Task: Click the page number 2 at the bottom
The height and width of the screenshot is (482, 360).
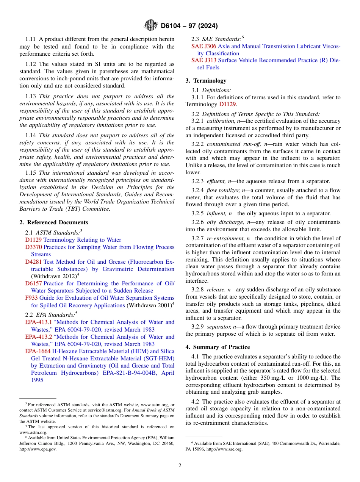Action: point(180,466)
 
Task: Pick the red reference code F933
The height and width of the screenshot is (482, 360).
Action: point(31,298)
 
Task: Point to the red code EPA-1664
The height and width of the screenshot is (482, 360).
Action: point(38,351)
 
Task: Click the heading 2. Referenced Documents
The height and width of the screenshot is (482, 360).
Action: point(54,222)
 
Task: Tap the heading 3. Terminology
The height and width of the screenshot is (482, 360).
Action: point(206,81)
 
